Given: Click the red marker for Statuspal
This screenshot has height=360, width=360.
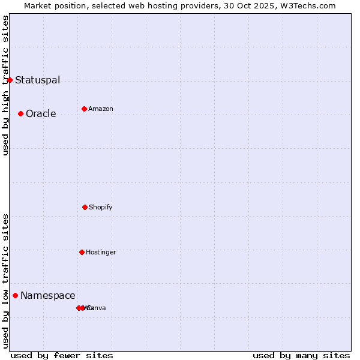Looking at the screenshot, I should (x=10, y=80).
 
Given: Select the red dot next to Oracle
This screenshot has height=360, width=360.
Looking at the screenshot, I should (x=20, y=113).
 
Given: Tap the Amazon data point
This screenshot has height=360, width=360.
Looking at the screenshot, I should (x=84, y=109).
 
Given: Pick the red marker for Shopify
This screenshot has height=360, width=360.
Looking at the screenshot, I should (x=85, y=207).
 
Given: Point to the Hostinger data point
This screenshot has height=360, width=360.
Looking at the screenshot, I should (x=82, y=252).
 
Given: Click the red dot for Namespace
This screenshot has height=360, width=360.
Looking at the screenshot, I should (x=15, y=295).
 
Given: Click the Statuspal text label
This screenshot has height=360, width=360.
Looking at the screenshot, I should (x=37, y=80).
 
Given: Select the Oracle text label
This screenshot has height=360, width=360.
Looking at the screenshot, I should (x=41, y=113).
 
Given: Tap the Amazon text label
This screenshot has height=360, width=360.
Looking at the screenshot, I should (x=101, y=109).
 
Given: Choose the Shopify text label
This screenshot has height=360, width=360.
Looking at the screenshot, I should (x=101, y=207).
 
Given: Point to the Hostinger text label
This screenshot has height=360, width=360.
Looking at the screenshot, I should (x=101, y=252).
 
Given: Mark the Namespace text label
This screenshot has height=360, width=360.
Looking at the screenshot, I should (x=48, y=295).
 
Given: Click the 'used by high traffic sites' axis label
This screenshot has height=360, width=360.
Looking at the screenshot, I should (x=5, y=85).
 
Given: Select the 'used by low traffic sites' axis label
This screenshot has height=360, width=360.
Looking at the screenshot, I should (x=5, y=281).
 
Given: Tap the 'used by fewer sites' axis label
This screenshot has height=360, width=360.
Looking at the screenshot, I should (x=62, y=355).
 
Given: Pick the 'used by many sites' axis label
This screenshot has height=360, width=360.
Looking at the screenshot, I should (x=301, y=355).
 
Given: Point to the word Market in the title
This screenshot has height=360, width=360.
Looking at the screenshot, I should (x=38, y=5).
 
